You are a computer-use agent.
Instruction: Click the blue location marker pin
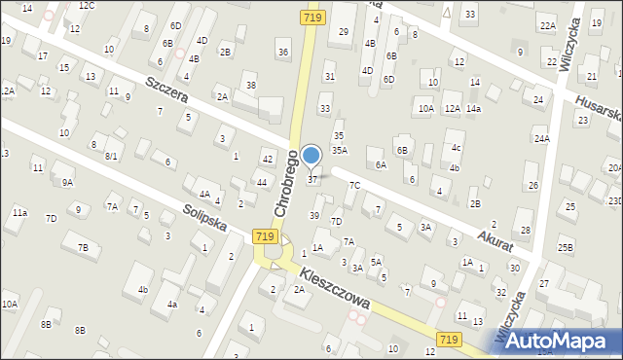(x=311, y=156)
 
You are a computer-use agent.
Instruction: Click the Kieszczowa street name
(x=335, y=289)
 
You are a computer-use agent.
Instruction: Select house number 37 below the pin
(x=312, y=179)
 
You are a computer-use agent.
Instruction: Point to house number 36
(x=282, y=52)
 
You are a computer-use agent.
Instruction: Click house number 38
(x=250, y=86)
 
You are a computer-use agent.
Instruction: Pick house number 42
(x=267, y=159)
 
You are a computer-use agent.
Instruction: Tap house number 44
(x=261, y=183)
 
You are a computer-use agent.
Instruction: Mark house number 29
(x=343, y=32)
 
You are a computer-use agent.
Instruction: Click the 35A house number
(x=339, y=150)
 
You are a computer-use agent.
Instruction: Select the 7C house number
(x=355, y=185)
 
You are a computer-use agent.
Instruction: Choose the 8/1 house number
(x=112, y=156)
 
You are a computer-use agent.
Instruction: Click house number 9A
(x=67, y=182)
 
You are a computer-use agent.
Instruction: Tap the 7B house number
(x=84, y=248)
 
